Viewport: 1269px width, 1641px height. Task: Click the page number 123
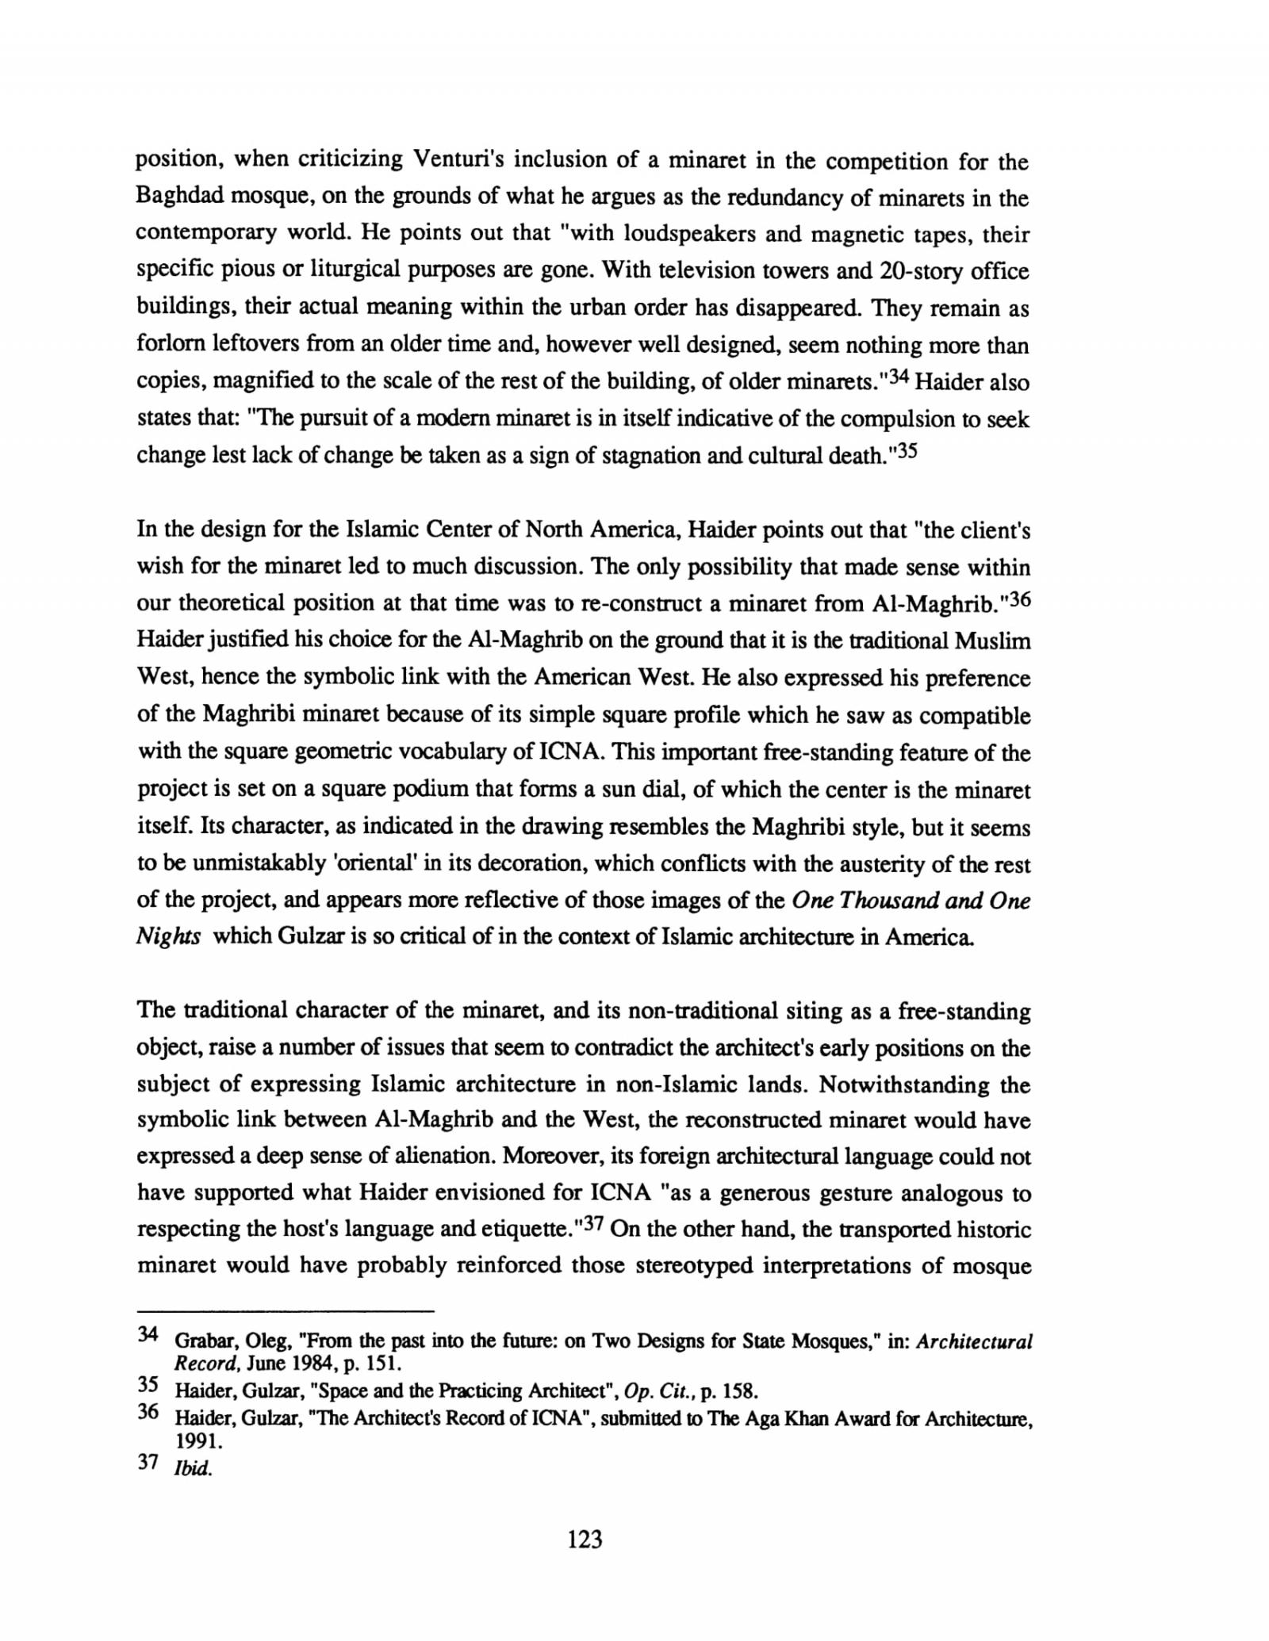coord(585,1539)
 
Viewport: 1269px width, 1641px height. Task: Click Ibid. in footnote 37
coord(194,1468)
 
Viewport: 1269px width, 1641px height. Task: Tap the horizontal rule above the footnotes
coord(286,1310)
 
